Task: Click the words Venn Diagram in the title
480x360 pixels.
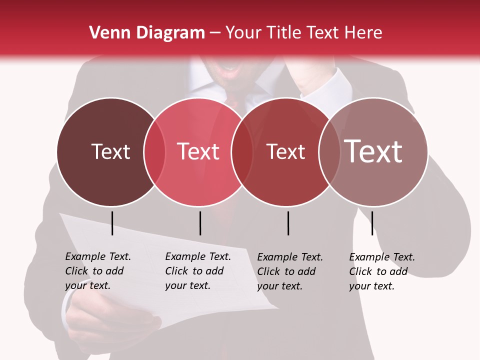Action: point(147,33)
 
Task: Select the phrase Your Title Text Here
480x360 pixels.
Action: point(303,33)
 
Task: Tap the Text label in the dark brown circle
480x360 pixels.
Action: point(110,151)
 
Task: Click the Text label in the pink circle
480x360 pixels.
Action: point(198,151)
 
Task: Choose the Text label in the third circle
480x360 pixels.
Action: point(285,151)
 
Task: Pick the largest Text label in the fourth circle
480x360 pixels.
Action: point(373,151)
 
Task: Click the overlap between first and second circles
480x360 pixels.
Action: point(154,152)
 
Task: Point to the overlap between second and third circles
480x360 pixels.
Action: point(242,152)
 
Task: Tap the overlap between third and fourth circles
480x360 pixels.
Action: point(329,152)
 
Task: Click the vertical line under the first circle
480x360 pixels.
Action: point(112,223)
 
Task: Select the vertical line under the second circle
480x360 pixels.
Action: point(200,223)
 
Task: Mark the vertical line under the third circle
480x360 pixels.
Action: point(288,223)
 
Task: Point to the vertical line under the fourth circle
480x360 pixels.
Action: point(372,223)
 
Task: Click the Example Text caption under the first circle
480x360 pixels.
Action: point(97,271)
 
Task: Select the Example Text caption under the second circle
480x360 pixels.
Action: point(197,271)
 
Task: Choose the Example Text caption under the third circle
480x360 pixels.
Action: point(289,271)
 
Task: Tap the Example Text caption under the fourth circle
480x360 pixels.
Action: point(381,271)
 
